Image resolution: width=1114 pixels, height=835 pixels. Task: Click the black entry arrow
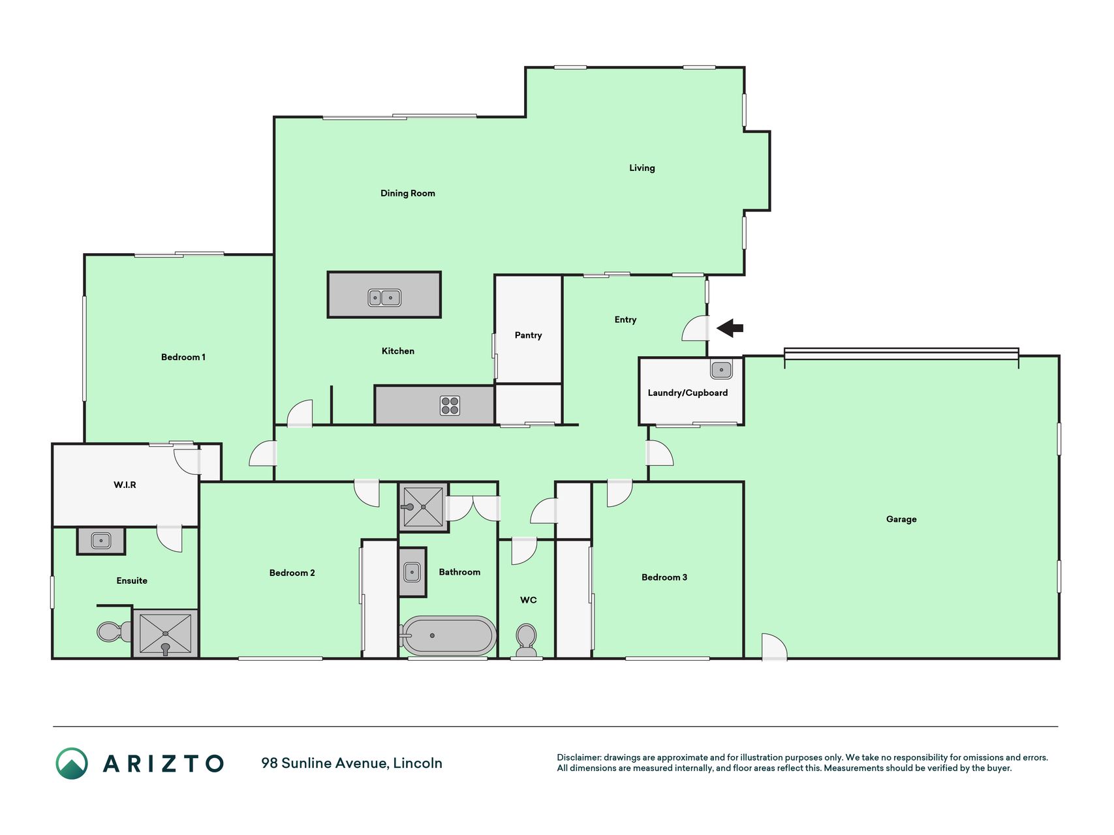(730, 328)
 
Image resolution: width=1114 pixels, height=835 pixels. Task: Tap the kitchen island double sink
(384, 298)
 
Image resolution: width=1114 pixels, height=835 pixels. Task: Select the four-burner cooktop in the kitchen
(450, 406)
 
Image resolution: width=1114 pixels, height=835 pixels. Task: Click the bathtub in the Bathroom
(448, 635)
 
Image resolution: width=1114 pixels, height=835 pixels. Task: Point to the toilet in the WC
(526, 641)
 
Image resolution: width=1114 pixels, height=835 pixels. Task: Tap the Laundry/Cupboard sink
(721, 370)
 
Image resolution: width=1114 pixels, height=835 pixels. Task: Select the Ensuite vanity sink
(101, 541)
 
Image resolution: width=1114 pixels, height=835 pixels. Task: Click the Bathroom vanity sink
(412, 573)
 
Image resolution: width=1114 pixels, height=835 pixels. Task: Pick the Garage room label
(901, 519)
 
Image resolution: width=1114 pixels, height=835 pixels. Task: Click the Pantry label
(528, 335)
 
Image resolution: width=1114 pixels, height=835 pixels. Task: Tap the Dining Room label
(408, 193)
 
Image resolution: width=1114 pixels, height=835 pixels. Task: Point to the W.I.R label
(125, 485)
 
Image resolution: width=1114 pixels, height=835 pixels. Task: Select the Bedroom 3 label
(664, 577)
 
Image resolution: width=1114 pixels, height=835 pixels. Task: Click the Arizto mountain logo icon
(72, 763)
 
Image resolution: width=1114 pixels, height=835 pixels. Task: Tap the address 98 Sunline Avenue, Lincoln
(352, 763)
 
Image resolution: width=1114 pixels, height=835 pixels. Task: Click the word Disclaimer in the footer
(579, 757)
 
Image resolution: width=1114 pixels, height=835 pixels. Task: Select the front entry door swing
(696, 328)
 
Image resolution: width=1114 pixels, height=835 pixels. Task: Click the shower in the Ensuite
(165, 633)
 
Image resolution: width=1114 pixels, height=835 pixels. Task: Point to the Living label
(642, 168)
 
